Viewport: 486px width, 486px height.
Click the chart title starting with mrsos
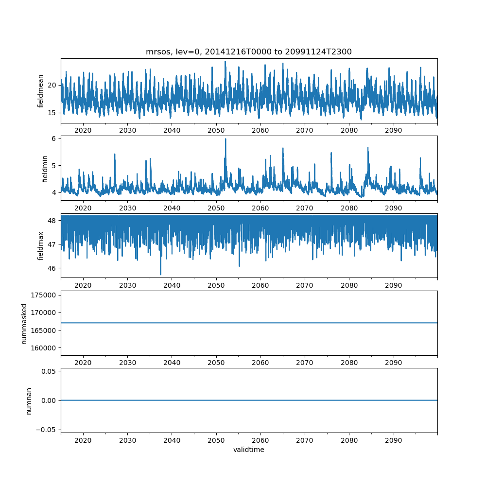248,52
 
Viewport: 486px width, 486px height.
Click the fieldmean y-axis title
41,91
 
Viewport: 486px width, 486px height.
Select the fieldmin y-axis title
45,168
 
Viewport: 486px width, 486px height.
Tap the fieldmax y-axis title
41,245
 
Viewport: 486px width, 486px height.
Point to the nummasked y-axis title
24,324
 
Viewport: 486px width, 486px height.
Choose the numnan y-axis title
29,400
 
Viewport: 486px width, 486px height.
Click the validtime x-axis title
248,450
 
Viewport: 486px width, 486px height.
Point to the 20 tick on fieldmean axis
52,85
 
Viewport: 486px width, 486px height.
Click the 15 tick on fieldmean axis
52,113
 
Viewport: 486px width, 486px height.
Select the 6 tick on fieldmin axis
55,139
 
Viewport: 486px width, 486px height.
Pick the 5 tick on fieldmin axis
55,165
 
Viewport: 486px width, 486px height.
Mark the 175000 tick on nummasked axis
43,295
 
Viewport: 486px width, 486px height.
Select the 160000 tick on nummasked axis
43,348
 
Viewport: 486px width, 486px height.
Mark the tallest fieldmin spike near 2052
226,139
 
